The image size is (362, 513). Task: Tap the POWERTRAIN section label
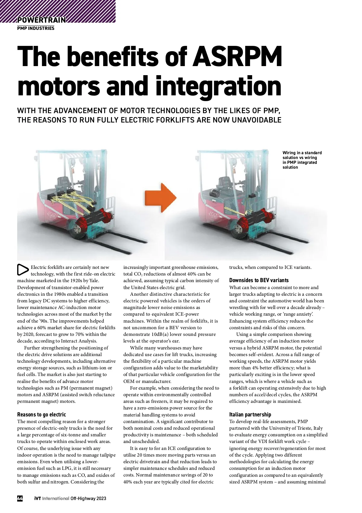click(41, 20)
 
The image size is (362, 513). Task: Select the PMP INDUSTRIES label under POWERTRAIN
click(36, 28)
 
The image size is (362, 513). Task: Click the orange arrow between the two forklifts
click(160, 197)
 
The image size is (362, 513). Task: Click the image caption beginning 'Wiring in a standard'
click(302, 160)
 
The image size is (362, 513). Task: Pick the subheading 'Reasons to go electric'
click(41, 415)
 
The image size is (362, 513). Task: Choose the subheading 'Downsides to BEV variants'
click(259, 280)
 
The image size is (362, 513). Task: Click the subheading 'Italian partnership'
click(250, 415)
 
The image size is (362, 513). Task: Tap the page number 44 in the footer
click(20, 499)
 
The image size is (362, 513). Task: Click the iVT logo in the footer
click(37, 499)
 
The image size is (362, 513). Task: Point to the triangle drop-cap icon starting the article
click(23, 270)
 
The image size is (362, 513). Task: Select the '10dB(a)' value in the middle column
click(162, 334)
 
